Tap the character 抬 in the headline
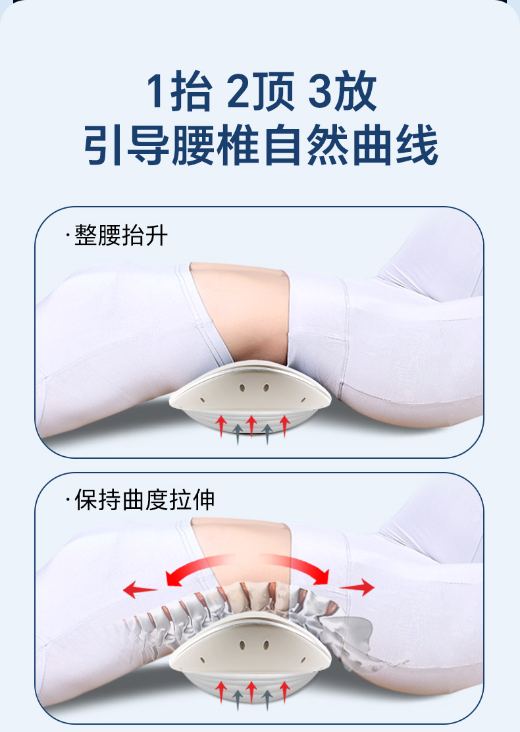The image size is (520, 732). [192, 91]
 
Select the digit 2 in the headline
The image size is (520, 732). [238, 91]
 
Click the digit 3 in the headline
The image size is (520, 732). [320, 91]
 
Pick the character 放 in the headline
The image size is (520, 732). [355, 91]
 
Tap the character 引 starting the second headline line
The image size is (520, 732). [104, 145]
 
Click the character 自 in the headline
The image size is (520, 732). [283, 145]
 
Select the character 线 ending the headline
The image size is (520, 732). [417, 145]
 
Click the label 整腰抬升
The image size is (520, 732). [121, 235]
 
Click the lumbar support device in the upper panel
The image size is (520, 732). [250, 397]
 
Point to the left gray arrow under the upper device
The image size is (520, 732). [238, 434]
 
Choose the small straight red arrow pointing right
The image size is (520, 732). [357, 587]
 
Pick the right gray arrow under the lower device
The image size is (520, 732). [267, 700]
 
